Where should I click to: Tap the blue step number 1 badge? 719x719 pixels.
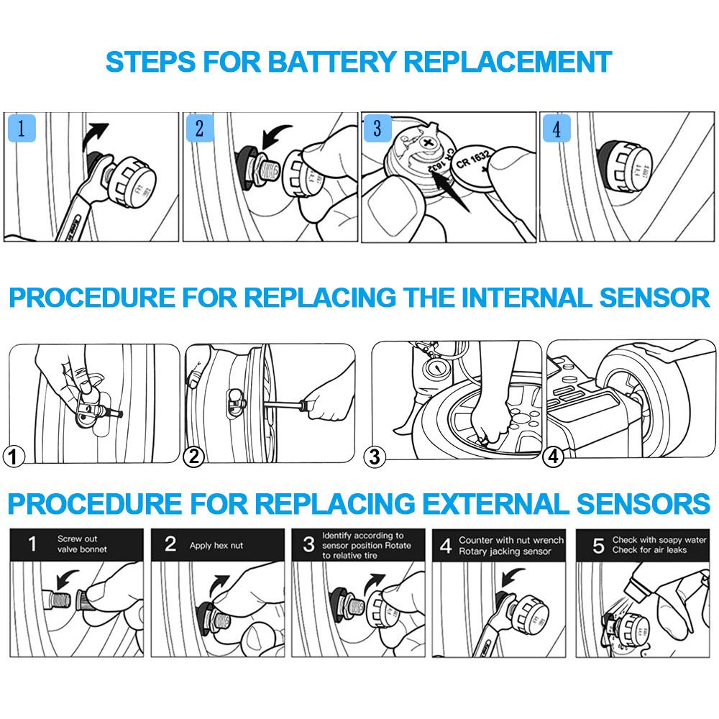click(22, 129)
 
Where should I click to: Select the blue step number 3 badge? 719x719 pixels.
click(377, 129)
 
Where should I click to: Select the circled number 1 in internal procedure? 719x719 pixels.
click(14, 455)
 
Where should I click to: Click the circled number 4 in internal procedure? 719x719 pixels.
click(552, 455)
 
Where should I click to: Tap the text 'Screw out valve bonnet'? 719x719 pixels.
click(81, 544)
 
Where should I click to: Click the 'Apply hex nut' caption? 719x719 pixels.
click(216, 546)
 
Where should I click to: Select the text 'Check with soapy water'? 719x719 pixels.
click(659, 540)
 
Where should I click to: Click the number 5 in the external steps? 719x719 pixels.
click(597, 545)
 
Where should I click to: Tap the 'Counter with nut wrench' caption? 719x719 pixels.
click(511, 540)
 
